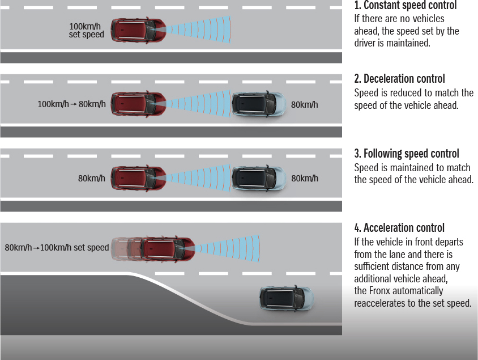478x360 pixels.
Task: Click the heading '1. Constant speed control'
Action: (405, 6)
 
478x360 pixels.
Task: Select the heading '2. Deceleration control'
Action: (399, 79)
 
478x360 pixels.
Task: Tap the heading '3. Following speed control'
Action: (406, 154)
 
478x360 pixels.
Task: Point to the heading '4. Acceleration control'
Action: (399, 228)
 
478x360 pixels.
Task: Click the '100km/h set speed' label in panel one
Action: (87, 31)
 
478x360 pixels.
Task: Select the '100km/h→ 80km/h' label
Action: (71, 104)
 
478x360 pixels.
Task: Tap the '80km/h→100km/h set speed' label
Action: (57, 247)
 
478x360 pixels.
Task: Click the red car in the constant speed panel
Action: (138, 30)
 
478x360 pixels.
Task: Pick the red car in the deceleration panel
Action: (138, 104)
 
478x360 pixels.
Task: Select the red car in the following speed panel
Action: (138, 178)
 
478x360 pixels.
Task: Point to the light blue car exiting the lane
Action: (285, 297)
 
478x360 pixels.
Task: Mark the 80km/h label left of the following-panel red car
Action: (92, 179)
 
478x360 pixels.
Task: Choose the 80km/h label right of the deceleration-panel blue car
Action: (305, 104)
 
